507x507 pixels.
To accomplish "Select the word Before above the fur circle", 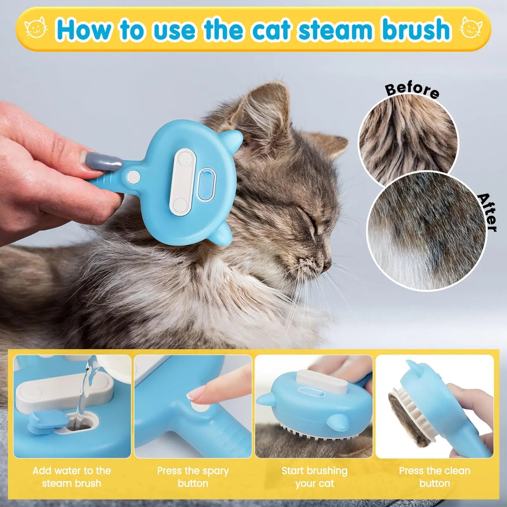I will point(412,90).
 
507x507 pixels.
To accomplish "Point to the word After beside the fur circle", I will point(488,212).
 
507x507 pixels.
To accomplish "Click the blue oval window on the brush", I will point(205,183).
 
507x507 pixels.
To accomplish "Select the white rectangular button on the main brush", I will point(181,181).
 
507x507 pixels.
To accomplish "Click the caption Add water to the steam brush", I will point(72,477).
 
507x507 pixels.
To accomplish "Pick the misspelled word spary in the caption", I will point(214,471).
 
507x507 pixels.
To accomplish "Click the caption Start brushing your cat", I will point(314,477).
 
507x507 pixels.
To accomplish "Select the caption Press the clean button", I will point(434,477).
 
